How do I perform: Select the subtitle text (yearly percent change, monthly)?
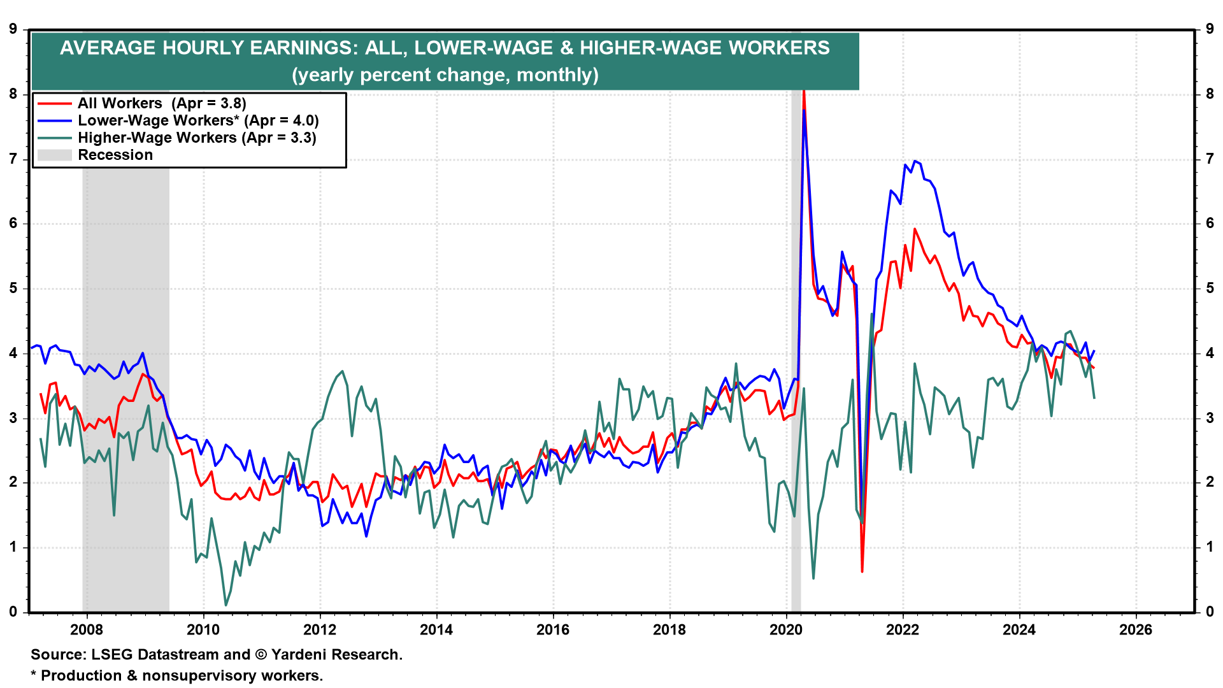coord(445,75)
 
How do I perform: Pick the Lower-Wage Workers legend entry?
coord(197,120)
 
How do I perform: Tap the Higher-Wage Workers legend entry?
coord(196,138)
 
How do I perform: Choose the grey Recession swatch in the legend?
coord(54,155)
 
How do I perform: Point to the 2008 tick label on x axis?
coord(86,630)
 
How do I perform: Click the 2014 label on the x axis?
coord(436,630)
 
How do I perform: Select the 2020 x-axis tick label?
coord(786,630)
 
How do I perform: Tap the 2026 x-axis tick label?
coord(1136,630)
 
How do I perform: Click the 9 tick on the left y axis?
coord(13,29)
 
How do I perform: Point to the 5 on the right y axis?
coord(1210,289)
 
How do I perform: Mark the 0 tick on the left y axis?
coord(13,612)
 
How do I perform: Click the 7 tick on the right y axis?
coord(1210,159)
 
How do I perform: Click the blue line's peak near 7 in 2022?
coord(915,161)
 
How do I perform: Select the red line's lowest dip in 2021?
coord(862,571)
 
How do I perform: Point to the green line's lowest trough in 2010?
coord(225,605)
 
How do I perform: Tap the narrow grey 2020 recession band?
coord(796,382)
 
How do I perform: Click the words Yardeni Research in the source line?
coord(336,655)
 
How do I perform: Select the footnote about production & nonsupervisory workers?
coord(177,675)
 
